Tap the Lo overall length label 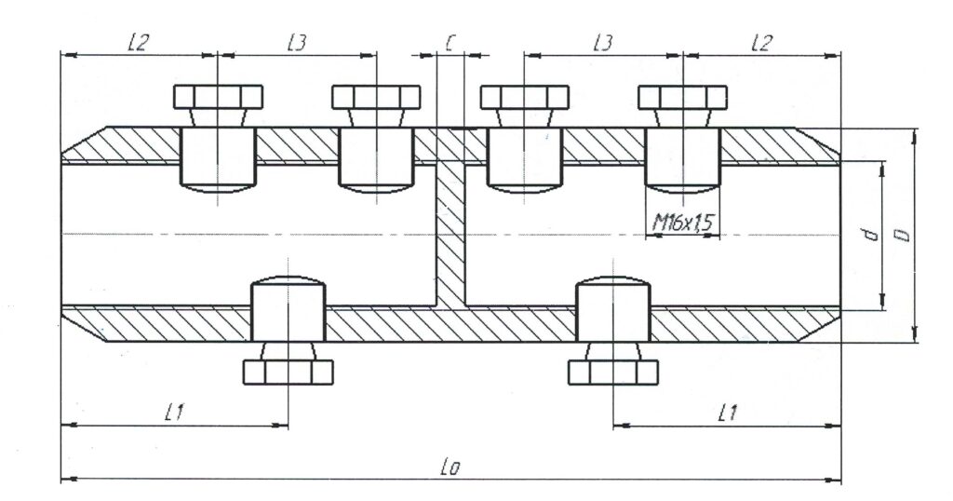coord(451,467)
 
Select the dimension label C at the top coord(450,43)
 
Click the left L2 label coord(137,43)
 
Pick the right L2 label coord(761,43)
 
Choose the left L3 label coord(297,43)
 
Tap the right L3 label coord(602,43)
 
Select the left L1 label coord(173,413)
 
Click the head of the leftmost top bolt coord(219,96)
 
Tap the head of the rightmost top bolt coord(682,96)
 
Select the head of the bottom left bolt coord(289,372)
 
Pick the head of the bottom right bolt coord(613,372)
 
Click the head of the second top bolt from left coord(376,96)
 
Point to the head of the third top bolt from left coord(524,96)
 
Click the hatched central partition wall coord(450,233)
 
